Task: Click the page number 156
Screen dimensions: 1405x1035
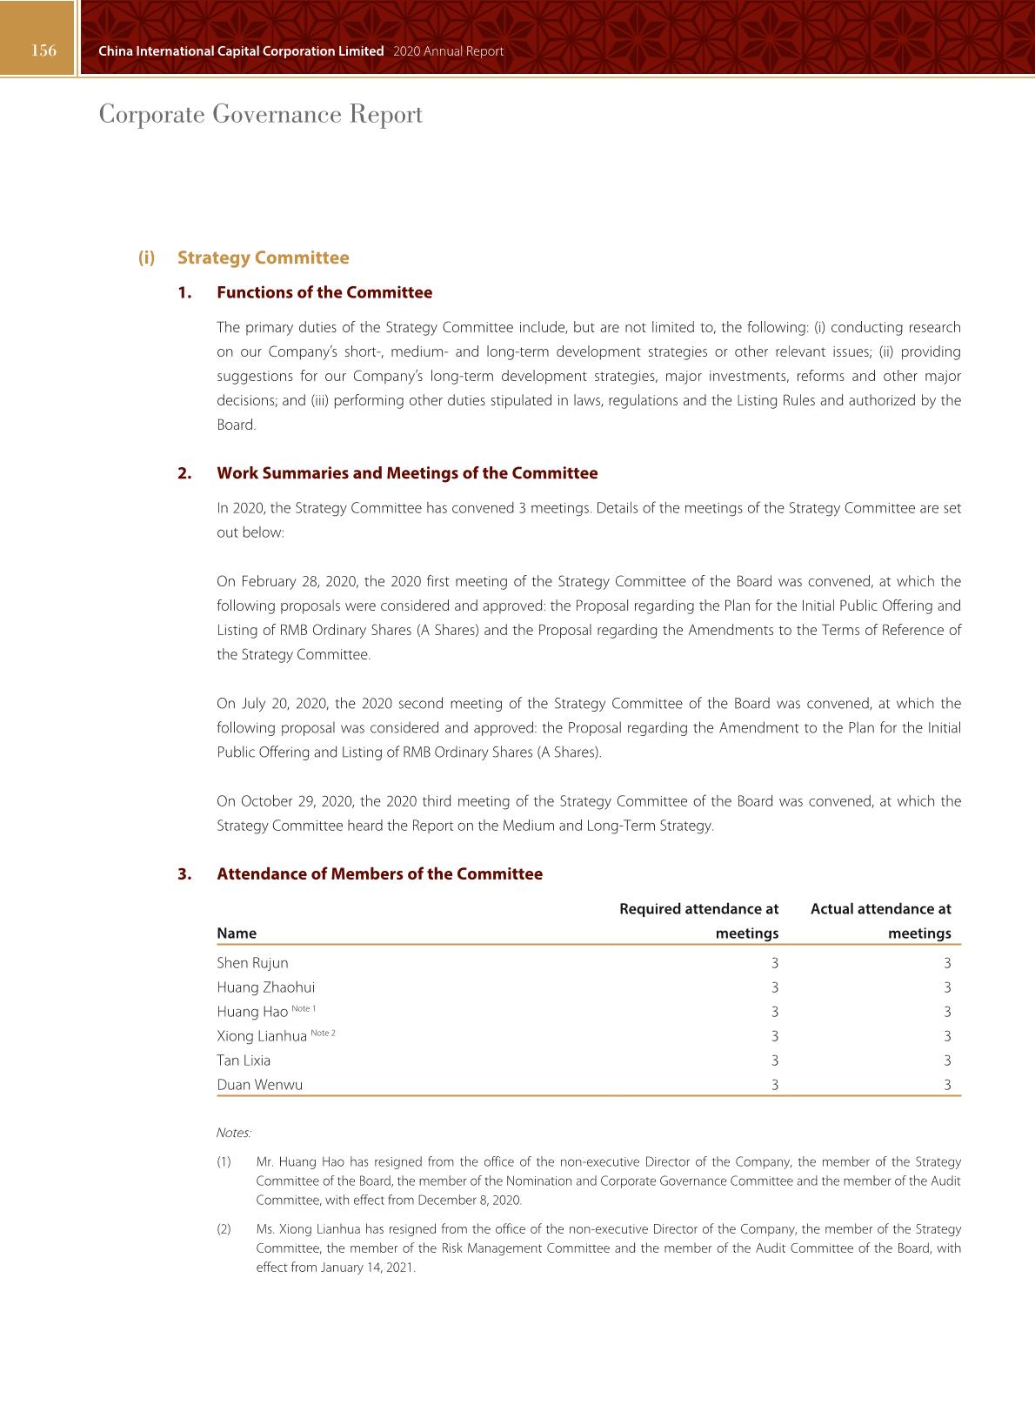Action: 43,50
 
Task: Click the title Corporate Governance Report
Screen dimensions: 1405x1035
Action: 261,115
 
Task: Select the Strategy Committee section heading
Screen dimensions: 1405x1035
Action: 263,258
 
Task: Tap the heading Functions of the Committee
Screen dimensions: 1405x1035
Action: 324,292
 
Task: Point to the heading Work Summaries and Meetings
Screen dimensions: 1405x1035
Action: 407,473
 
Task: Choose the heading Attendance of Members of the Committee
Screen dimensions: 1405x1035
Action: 379,874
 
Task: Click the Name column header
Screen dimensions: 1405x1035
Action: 237,933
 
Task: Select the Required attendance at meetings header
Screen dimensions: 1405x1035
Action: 698,920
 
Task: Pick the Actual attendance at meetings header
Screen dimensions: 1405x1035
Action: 880,920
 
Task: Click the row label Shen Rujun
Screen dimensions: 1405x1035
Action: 252,963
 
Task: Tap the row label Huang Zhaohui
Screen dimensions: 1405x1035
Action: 265,987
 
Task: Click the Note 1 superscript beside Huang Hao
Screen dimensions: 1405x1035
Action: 304,1008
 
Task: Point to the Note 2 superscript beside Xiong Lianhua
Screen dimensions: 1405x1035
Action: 323,1033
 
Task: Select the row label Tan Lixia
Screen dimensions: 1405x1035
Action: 244,1060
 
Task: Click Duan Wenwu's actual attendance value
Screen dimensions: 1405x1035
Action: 947,1085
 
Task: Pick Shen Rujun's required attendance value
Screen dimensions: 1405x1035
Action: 775,963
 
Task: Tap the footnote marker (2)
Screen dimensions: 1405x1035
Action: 224,1229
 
